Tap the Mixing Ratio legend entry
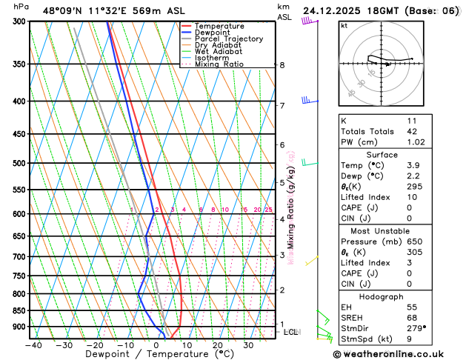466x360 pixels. point(222,64)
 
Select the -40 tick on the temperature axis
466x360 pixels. point(33,345)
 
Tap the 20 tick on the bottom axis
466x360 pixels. point(218,345)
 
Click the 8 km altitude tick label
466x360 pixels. point(282,65)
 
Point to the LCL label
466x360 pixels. point(291,332)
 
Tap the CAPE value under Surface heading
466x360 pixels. point(409,207)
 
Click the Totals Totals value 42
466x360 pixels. point(412,131)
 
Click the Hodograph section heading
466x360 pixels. point(382,296)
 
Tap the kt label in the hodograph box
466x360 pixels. point(344,25)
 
